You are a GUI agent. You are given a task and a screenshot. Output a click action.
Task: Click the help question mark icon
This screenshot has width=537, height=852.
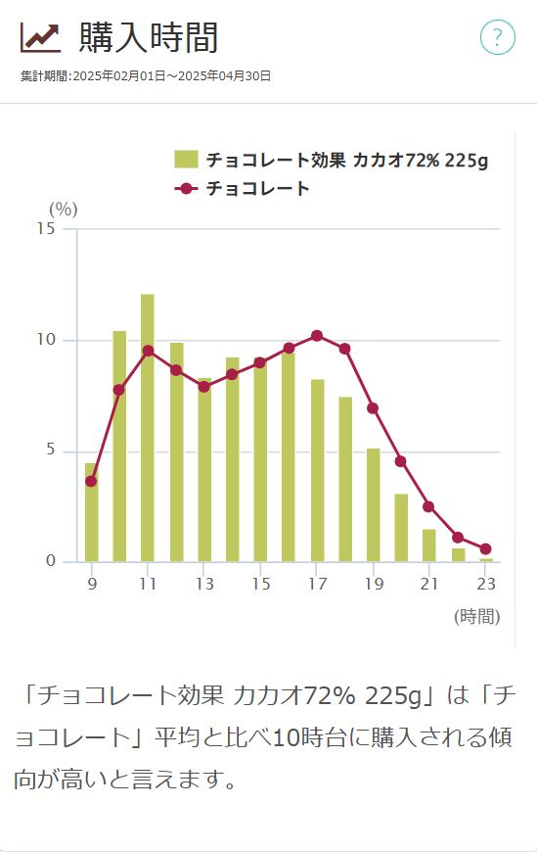(497, 38)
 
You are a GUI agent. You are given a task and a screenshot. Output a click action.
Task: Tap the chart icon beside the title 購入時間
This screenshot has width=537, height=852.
(40, 38)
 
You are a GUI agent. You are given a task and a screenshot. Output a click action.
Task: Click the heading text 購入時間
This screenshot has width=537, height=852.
(149, 38)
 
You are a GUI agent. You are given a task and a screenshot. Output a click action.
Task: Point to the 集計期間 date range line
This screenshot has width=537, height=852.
(146, 75)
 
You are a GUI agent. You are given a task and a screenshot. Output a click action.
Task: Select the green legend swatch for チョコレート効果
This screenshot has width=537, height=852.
(186, 160)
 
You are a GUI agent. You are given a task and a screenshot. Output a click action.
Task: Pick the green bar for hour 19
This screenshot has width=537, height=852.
(373, 505)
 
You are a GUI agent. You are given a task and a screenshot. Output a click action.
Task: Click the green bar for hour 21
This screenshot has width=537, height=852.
(428, 545)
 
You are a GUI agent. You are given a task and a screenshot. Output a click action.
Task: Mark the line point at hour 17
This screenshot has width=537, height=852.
(316, 336)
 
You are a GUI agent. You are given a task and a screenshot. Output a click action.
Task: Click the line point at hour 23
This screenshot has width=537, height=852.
(485, 549)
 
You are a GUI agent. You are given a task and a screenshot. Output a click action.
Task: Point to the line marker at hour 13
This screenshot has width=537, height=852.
(203, 387)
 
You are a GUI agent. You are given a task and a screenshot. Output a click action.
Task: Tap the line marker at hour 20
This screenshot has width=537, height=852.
(400, 461)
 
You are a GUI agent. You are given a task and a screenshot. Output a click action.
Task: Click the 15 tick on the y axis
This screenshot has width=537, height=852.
(45, 229)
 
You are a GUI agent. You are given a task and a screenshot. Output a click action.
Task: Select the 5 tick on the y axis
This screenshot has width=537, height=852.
(50, 451)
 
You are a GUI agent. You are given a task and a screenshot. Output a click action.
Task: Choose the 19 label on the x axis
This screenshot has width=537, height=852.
(373, 584)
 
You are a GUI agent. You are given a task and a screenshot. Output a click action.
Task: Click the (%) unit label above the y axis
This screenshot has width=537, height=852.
(63, 209)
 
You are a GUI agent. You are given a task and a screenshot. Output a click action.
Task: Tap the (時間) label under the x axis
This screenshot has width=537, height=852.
(476, 616)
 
